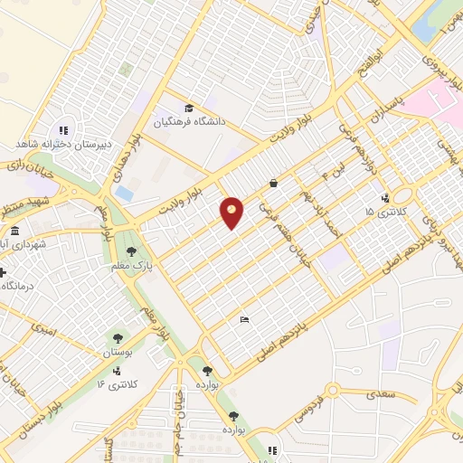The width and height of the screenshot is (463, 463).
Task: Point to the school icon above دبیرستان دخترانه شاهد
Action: click(x=63, y=129)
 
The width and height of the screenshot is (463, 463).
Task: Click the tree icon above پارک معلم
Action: click(x=132, y=251)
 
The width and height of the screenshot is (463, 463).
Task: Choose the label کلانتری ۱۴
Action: click(x=116, y=384)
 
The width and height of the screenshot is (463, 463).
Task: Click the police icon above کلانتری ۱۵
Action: click(x=386, y=198)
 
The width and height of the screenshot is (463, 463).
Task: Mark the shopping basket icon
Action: click(x=273, y=183)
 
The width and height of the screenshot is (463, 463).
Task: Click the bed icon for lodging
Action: click(x=243, y=319)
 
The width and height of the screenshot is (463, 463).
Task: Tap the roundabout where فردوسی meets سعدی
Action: click(x=332, y=390)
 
